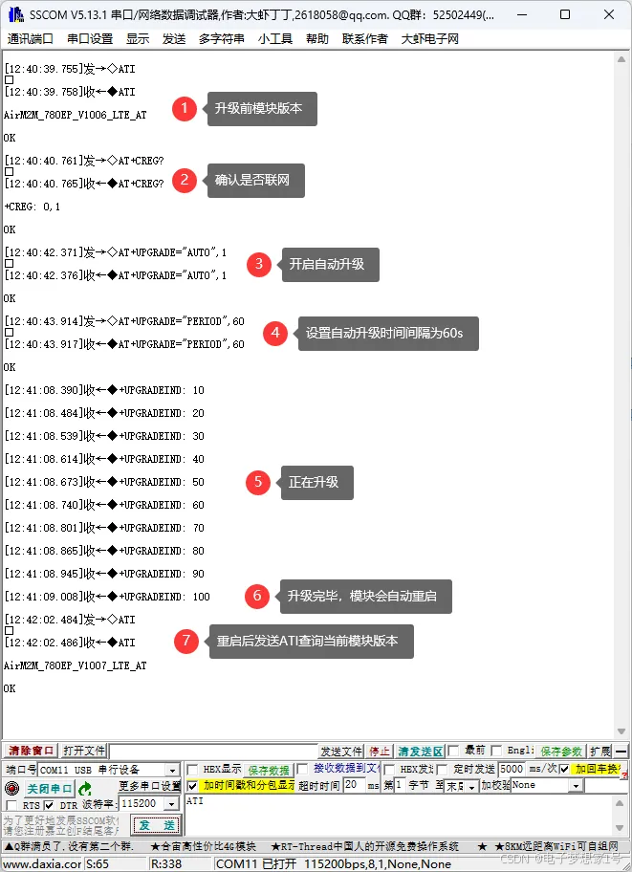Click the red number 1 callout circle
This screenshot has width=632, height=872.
click(x=185, y=109)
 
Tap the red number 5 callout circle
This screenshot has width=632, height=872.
click(x=257, y=482)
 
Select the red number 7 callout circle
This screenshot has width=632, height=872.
click(x=186, y=641)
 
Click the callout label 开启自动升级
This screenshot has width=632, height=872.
click(x=327, y=265)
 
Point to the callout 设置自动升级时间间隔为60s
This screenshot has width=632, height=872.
click(x=388, y=334)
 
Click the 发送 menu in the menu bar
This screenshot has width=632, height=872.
click(x=174, y=39)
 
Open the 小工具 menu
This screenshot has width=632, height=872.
click(x=275, y=39)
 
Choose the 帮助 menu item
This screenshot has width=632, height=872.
click(x=317, y=39)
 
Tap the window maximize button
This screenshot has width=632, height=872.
click(x=565, y=14)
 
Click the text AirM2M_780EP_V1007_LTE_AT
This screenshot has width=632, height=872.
click(x=76, y=665)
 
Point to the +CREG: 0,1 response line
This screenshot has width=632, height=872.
click(x=33, y=207)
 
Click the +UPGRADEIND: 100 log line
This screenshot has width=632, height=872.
click(x=107, y=597)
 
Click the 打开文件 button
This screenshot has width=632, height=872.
click(x=84, y=752)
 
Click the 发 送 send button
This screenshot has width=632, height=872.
click(x=156, y=825)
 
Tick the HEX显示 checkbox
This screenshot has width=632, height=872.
click(x=193, y=770)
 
